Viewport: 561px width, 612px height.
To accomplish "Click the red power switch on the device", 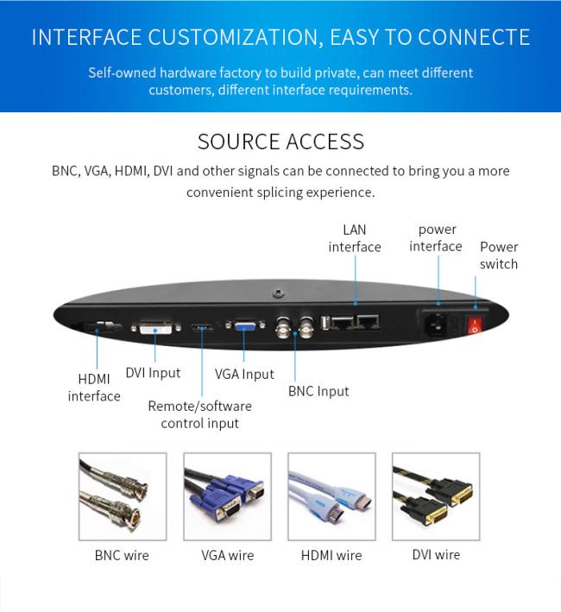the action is (475, 325).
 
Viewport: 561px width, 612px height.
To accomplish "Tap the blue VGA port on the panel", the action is (245, 325).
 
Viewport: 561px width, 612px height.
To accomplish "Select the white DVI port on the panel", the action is (155, 327).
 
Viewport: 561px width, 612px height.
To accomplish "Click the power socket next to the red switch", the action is (436, 325).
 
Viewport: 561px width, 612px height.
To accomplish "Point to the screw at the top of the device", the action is (278, 292).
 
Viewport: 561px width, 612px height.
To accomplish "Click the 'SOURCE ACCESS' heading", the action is (280, 142).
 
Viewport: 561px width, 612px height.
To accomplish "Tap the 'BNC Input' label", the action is (318, 391).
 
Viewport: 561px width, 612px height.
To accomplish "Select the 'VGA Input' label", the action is (244, 374).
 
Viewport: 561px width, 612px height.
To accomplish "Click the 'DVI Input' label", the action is (153, 373).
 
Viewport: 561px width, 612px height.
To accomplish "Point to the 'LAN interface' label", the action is (355, 238).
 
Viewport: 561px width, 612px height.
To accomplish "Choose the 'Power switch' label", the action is (499, 256).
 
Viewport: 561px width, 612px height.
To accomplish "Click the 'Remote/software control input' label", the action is (199, 414).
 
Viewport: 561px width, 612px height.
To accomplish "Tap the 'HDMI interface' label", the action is (94, 388).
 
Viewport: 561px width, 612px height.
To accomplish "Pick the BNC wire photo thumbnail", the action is (123, 496).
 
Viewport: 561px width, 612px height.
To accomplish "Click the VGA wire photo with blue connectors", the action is (228, 496).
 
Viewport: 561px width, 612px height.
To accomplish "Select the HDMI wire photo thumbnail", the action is (331, 496).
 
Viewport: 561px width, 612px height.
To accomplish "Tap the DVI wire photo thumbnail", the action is (436, 496).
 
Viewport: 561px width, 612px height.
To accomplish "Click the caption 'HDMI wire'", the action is (331, 555).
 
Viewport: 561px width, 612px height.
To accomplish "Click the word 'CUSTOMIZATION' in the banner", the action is (236, 38).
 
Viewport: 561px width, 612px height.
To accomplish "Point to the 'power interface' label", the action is (436, 237).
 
